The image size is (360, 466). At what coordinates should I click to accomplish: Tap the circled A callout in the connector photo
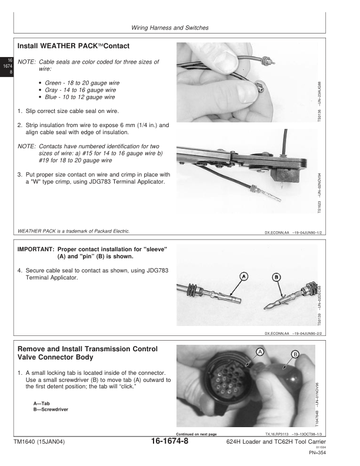click(259, 351)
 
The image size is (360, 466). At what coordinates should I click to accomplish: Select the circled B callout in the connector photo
click(295, 354)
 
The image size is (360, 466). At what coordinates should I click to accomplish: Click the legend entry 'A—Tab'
click(42, 403)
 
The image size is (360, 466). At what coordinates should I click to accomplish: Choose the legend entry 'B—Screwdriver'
click(50, 409)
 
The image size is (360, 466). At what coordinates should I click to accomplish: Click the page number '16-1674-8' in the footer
click(168, 442)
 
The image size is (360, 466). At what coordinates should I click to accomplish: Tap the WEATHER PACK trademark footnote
click(75, 231)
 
